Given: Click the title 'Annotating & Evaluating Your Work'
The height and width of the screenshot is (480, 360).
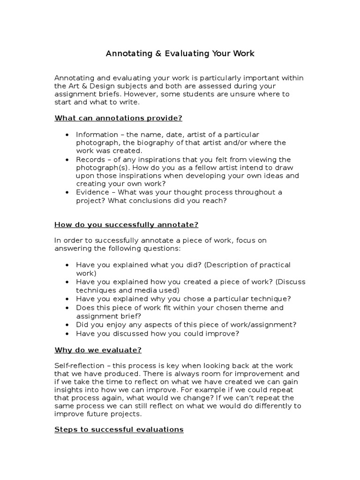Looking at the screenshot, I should [180, 53].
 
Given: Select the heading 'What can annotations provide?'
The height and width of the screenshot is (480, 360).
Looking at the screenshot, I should [118, 118].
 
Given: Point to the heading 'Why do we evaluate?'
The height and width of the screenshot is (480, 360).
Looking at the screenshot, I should [98, 350].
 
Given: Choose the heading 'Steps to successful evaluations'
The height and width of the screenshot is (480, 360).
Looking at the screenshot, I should [119, 429].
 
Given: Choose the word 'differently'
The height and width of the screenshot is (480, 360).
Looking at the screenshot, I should [272, 406].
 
